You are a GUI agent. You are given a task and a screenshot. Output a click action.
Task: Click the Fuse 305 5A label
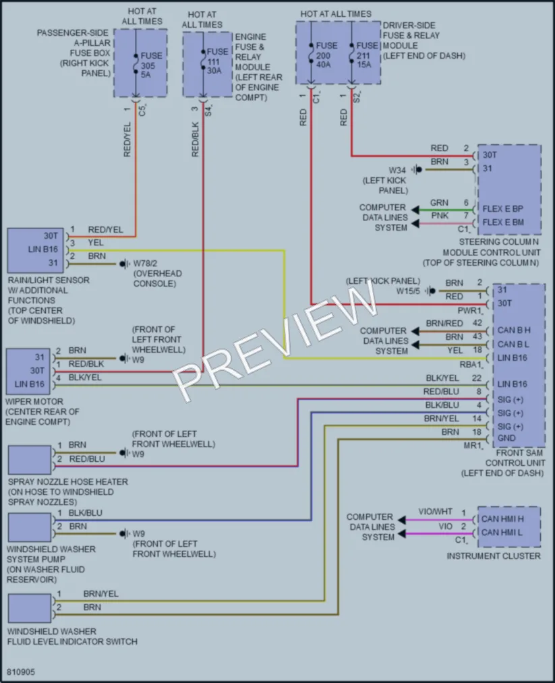click(x=151, y=65)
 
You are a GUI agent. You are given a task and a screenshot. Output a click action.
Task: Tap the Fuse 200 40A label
click(x=326, y=55)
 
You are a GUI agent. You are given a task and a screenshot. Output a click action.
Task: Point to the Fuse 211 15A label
click(x=367, y=55)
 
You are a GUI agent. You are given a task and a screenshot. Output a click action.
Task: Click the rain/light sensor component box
click(x=36, y=250)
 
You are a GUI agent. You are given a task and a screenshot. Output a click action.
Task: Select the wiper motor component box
click(x=28, y=371)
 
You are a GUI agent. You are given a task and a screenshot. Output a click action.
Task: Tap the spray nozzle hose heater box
click(x=30, y=460)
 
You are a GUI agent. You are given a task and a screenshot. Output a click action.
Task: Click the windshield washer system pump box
click(x=30, y=527)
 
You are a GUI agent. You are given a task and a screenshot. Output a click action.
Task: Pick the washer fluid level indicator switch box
click(x=30, y=609)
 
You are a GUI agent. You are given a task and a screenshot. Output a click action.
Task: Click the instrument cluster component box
click(x=509, y=527)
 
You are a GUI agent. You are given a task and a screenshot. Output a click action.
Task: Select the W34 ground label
click(x=397, y=170)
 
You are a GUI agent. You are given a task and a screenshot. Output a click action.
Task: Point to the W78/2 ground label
click(x=145, y=264)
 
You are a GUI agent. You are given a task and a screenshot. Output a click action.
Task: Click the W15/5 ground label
click(x=408, y=291)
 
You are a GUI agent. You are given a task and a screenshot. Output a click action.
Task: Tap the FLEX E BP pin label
click(x=502, y=208)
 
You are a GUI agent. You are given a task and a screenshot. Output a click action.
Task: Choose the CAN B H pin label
click(x=514, y=330)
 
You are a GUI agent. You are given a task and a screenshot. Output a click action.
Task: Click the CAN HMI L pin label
click(x=502, y=532)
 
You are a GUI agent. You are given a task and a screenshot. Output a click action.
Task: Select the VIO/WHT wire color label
click(x=435, y=511)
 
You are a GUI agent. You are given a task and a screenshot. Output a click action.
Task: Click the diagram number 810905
click(x=21, y=672)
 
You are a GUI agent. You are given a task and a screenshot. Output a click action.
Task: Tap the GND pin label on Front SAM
click(x=506, y=438)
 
